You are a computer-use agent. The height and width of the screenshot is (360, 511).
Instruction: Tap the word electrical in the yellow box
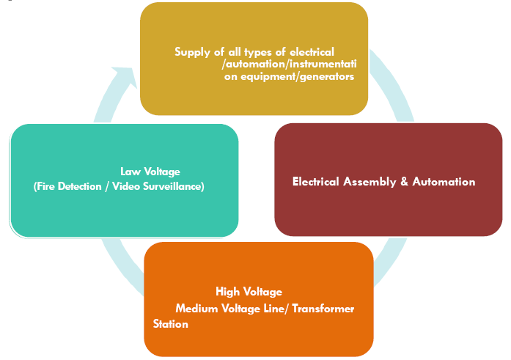tap(312, 52)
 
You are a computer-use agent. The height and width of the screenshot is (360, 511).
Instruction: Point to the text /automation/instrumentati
tap(289, 64)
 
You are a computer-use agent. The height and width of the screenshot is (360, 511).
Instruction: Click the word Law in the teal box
tap(130, 172)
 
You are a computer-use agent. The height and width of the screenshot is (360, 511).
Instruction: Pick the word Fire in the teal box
tap(45, 186)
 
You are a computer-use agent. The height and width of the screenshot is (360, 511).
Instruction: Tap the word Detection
tap(79, 186)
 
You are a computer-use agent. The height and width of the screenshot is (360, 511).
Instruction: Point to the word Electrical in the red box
tap(316, 181)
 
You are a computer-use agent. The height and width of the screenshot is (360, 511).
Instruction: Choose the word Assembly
tap(370, 182)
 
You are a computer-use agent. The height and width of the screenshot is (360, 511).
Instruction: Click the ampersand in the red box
tap(404, 181)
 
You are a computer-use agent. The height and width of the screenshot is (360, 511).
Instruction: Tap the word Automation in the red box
tap(444, 181)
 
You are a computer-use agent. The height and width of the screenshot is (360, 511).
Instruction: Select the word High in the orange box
tap(227, 292)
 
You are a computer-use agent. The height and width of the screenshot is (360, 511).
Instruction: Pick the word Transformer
tap(323, 309)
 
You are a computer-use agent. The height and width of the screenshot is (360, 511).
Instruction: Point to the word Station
tap(170, 324)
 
